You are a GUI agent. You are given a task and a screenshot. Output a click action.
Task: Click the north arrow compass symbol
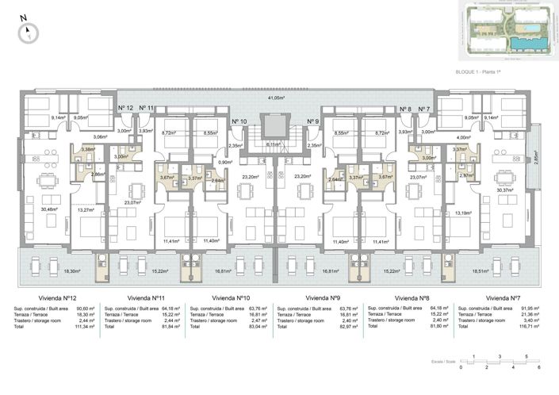[28, 31]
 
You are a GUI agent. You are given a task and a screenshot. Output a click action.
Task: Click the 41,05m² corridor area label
[275, 98]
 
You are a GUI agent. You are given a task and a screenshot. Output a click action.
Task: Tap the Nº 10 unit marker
[239, 121]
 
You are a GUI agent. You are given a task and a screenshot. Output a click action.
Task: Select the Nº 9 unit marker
[312, 121]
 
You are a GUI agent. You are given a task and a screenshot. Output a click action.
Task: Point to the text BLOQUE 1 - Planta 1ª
[480, 72]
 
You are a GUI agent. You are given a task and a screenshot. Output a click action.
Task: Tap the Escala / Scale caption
[444, 362]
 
